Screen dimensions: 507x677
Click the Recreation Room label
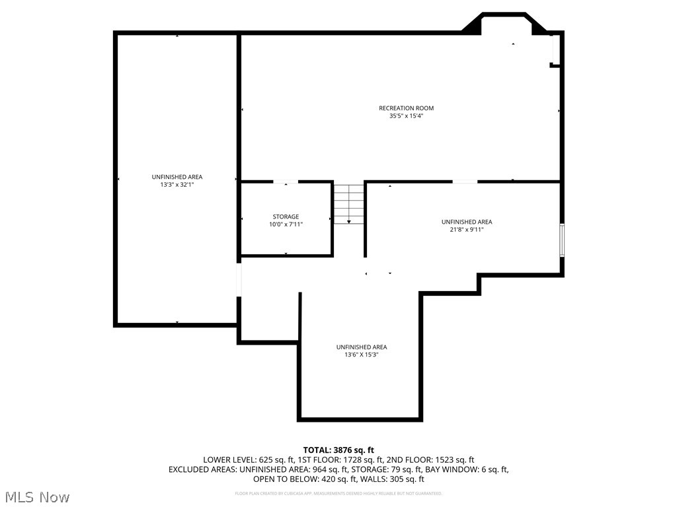(406, 108)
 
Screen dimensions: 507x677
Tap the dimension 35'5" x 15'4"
(406, 116)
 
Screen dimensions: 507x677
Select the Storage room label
(286, 217)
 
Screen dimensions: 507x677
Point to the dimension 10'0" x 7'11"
(286, 224)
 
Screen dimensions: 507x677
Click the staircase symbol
(348, 204)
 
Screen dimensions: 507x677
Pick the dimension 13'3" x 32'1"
(177, 185)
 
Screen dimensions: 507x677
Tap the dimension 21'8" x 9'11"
(467, 230)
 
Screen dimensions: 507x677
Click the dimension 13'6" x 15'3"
(361, 355)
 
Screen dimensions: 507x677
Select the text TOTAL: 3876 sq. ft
(338, 450)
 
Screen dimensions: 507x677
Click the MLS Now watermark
(37, 496)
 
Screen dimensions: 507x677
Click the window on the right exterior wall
(562, 240)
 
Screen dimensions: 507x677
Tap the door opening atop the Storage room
(286, 182)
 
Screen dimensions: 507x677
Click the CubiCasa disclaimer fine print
(338, 493)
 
